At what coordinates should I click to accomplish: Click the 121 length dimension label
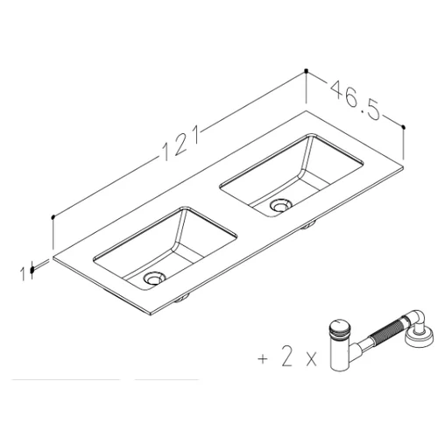coord(180,143)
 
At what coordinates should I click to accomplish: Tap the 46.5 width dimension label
coord(356,100)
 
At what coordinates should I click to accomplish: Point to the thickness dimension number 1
coord(23,273)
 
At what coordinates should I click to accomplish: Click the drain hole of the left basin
coord(154,279)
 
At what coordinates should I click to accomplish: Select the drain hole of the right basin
coord(280,204)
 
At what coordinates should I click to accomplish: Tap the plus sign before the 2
coord(263,358)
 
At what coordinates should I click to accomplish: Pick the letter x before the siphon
coord(311,361)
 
